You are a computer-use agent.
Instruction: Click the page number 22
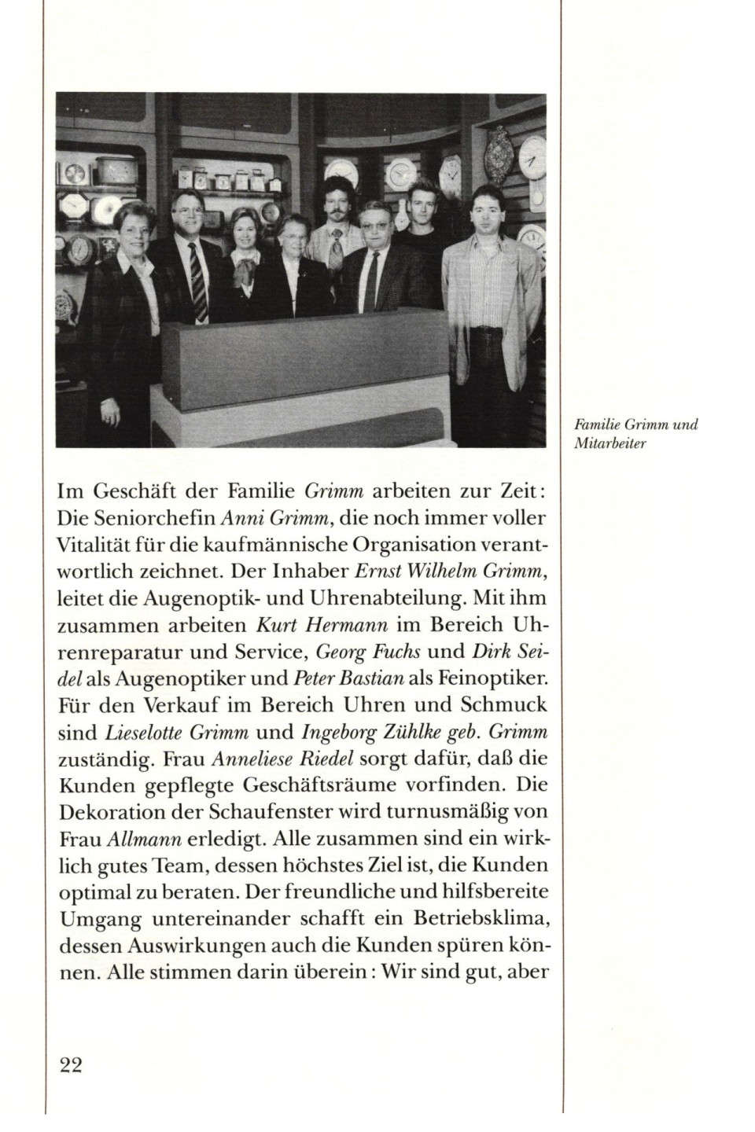[x=71, y=1065]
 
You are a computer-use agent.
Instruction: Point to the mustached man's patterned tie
[x=337, y=248]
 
